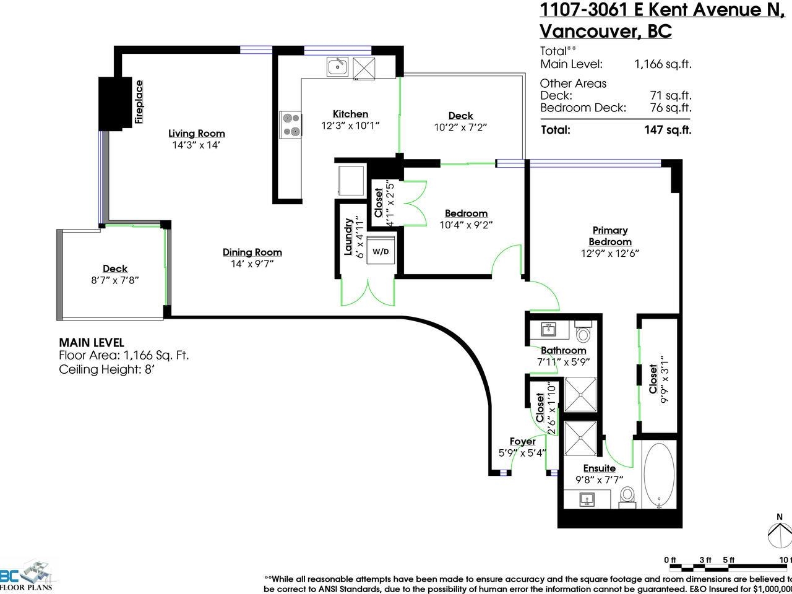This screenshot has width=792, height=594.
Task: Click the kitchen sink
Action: (338, 67)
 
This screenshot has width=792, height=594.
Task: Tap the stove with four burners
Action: (291, 125)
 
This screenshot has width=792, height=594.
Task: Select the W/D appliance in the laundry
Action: (381, 251)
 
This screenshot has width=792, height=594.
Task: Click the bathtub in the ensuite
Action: (659, 475)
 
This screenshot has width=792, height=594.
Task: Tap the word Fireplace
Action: (139, 102)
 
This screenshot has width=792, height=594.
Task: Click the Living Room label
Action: (197, 134)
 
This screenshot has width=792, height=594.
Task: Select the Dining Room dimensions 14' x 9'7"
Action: (252, 264)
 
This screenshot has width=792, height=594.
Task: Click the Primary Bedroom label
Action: (610, 236)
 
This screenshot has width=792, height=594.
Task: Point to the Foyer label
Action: (522, 441)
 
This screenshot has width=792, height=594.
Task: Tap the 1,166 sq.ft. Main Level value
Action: (663, 64)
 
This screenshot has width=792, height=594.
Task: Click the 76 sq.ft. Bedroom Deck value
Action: (671, 108)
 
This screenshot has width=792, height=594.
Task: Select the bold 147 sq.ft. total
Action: (668, 130)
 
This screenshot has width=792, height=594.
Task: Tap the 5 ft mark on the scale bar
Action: (728, 560)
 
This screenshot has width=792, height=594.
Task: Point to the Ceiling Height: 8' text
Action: (107, 369)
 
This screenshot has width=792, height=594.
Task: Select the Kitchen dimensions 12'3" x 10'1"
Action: (350, 126)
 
